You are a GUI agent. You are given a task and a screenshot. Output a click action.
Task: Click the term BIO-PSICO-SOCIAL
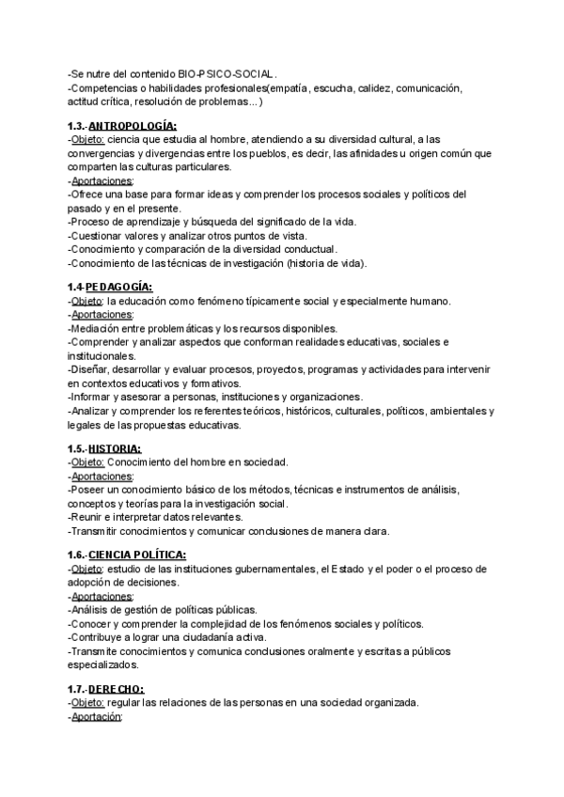(x=226, y=72)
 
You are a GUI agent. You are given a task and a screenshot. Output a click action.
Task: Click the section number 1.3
(x=81, y=125)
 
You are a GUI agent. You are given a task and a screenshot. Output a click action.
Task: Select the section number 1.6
(x=81, y=555)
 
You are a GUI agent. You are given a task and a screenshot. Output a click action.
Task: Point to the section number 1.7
(x=81, y=689)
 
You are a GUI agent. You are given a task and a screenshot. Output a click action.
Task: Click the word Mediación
(x=97, y=328)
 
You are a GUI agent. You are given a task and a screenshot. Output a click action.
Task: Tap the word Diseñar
(x=92, y=370)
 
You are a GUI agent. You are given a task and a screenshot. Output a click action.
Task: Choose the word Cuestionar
(x=99, y=235)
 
